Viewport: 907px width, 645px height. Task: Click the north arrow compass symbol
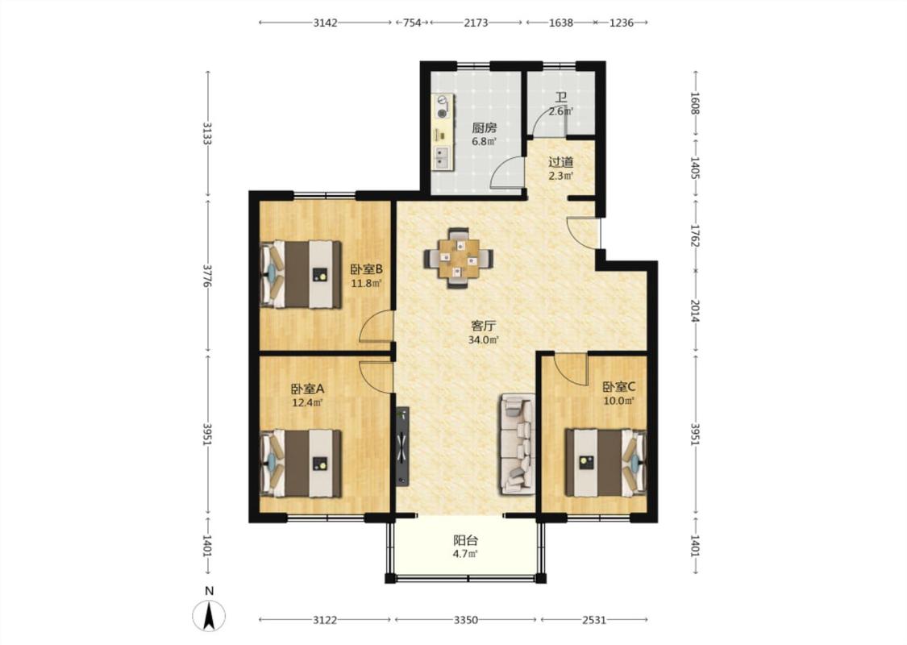[x=210, y=615]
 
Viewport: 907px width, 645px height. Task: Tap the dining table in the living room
[x=459, y=258]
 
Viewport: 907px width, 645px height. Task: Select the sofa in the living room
[x=517, y=444]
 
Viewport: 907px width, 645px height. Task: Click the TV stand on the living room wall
[x=402, y=445]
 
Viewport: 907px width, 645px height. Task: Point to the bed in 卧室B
[x=301, y=274]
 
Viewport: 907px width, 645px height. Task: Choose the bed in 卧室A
[x=301, y=464]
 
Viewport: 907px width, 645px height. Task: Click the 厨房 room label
[x=485, y=128]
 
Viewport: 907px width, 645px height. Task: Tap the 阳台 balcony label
[x=466, y=541]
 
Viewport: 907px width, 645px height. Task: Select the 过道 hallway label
[x=560, y=162]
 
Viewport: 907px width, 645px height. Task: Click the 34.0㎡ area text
[x=484, y=340]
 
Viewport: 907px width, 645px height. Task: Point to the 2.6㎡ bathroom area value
[x=560, y=111]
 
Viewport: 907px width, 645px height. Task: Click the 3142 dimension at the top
[x=325, y=23]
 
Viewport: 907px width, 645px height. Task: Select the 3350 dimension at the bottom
[x=466, y=620]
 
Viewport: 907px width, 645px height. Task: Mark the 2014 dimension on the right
[x=695, y=310]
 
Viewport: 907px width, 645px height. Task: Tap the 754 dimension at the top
[x=412, y=23]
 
